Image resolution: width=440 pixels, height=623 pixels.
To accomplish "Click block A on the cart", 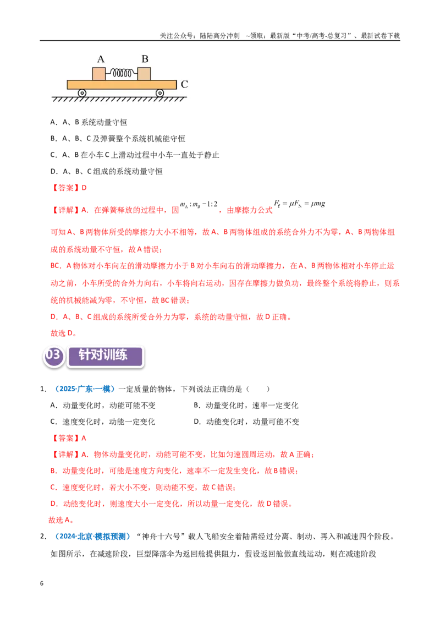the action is [99, 74].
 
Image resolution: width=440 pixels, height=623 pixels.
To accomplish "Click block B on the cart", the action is [144, 74].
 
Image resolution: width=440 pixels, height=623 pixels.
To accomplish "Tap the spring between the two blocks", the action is [122, 73].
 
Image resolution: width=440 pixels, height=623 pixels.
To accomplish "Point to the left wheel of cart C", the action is [82, 94].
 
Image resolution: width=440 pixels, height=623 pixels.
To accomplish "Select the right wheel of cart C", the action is [159, 94].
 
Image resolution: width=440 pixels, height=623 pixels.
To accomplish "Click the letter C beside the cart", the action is [184, 84].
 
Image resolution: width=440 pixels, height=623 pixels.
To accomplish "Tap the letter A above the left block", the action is [101, 59].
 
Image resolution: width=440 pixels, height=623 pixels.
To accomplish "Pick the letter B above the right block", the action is [145, 59].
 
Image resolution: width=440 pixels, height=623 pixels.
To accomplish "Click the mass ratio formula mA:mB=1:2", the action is [199, 205].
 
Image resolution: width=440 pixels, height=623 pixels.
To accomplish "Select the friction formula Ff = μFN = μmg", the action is [299, 204].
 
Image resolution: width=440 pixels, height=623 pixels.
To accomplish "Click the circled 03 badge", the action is [53, 355].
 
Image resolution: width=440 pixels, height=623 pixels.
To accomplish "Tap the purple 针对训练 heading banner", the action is [105, 356].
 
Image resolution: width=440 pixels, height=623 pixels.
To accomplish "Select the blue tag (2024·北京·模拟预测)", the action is [92, 537].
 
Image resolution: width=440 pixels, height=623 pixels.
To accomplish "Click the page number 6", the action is [42, 583].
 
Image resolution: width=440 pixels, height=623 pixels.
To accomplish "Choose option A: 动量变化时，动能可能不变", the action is [103, 405].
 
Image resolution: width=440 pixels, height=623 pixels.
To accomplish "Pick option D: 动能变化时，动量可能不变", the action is [246, 422].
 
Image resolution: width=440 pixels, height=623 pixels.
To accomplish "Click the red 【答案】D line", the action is [69, 188].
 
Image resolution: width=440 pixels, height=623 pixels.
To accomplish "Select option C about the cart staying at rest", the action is [135, 155].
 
